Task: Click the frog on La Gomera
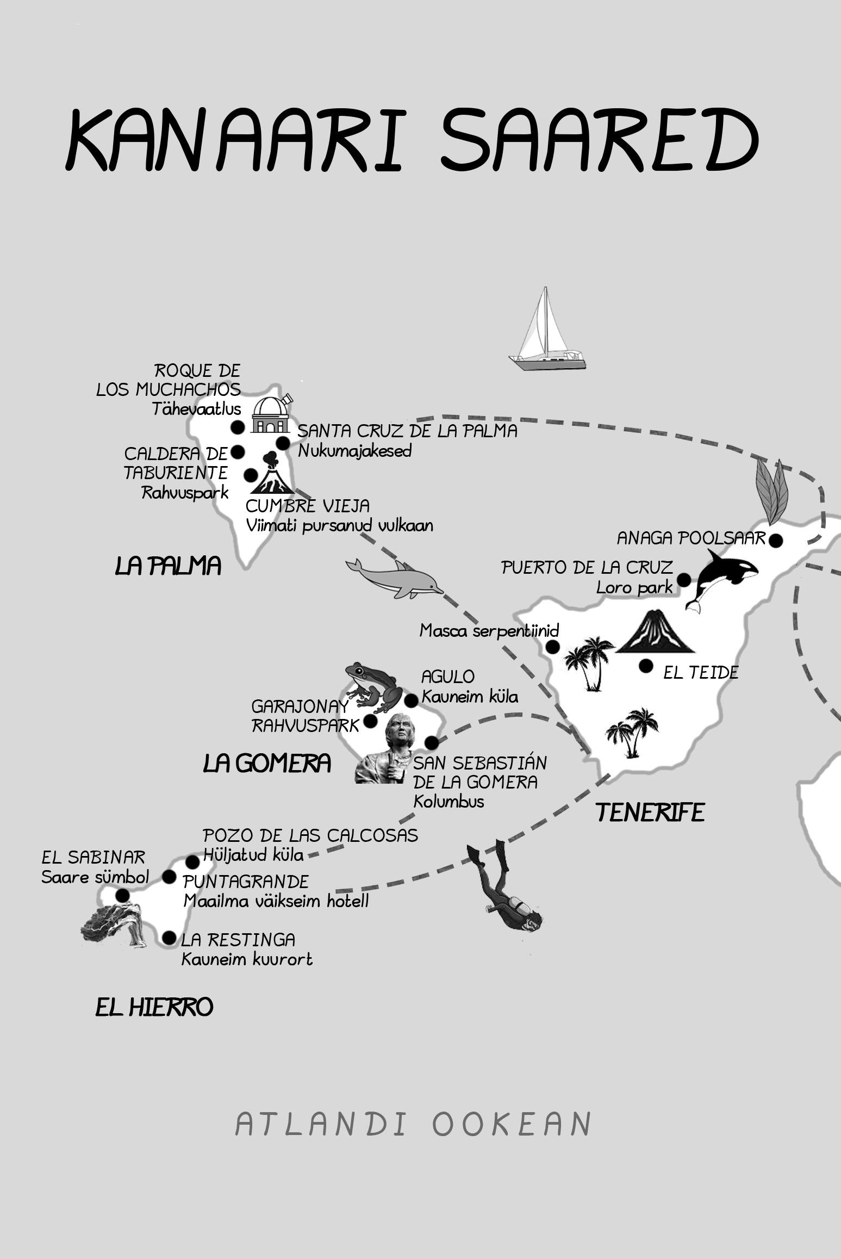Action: [374, 686]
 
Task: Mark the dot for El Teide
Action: [646, 666]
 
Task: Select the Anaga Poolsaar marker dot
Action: [776, 541]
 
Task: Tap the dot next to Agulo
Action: [412, 700]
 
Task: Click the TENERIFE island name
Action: [650, 813]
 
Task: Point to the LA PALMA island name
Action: [168, 567]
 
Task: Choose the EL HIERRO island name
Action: [154, 1008]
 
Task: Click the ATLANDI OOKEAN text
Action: [413, 1124]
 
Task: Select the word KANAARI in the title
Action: [234, 141]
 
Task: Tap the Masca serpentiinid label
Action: [489, 631]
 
